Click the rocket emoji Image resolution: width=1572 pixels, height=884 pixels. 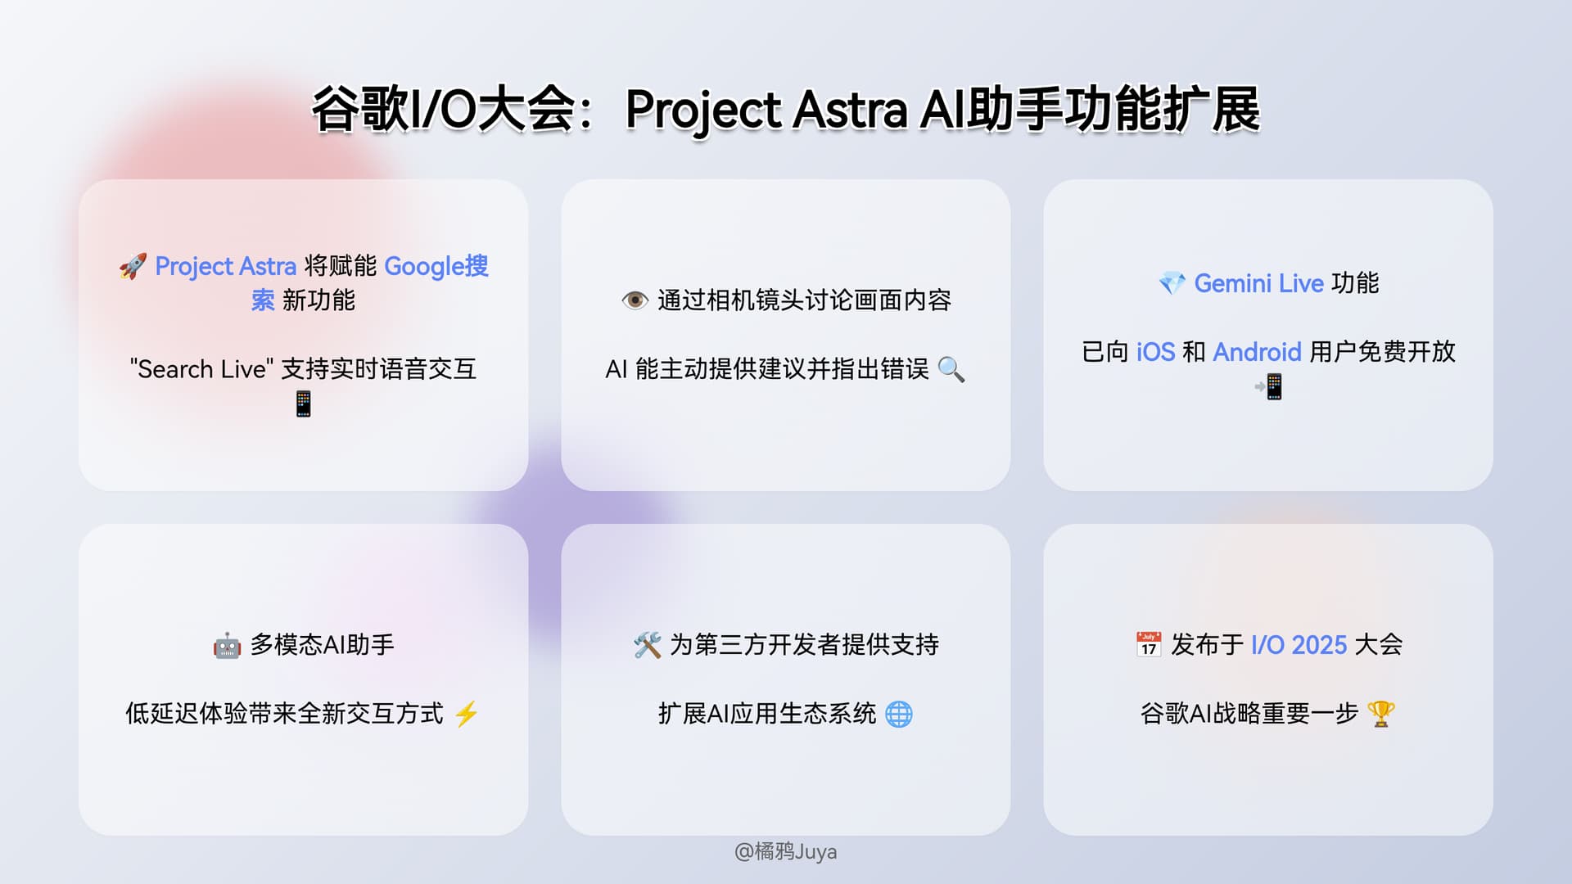coord(133,266)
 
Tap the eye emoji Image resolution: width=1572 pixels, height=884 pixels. coord(635,300)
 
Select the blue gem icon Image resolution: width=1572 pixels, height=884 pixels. coord(1172,284)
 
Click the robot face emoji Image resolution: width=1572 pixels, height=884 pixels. coord(227,646)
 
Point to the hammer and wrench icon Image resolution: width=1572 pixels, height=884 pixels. coord(647,645)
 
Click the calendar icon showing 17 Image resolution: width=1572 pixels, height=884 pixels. coord(1149,645)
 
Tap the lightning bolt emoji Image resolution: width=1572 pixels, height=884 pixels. coord(467,714)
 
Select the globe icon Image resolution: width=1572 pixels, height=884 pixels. coord(899,714)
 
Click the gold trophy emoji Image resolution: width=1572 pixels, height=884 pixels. coord(1380,714)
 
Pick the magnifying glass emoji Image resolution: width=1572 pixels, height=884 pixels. coord(951,369)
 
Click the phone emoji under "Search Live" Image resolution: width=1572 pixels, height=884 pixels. coord(304,404)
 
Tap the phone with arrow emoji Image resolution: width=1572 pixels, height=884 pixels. coord(1269,386)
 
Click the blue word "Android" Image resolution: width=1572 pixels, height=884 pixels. coord(1257,352)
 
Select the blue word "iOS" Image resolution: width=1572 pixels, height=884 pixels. coord(1155,352)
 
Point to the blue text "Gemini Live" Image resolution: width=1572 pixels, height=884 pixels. coord(1258,283)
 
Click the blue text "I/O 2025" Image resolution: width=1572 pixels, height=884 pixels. coord(1299,645)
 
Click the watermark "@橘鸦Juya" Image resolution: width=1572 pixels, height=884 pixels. coord(785,852)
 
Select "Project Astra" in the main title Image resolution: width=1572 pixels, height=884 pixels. coord(766,110)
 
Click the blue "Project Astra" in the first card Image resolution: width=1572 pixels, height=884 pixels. coord(225,267)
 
